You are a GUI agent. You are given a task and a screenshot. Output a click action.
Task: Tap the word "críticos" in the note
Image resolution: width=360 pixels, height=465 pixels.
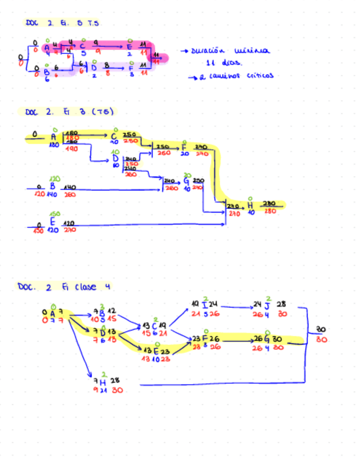pyautogui.click(x=258, y=76)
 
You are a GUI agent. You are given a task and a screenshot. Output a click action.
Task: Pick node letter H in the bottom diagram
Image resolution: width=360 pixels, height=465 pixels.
pyautogui.click(x=103, y=381)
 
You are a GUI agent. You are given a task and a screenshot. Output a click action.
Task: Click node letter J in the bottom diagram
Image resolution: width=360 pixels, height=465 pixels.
pyautogui.click(x=267, y=304)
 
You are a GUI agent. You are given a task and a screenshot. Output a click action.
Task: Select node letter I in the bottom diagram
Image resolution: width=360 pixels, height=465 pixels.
pyautogui.click(x=205, y=304)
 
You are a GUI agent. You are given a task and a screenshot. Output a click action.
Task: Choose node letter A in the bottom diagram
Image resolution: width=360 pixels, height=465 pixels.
pyautogui.click(x=53, y=313)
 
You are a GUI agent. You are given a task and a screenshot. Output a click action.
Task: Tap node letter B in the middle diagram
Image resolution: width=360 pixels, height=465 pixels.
pyautogui.click(x=52, y=186)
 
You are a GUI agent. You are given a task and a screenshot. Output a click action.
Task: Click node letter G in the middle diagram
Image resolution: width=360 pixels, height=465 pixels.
pyautogui.click(x=187, y=181)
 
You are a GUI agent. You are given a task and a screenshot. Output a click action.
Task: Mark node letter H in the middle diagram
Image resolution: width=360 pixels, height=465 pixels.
pyautogui.click(x=250, y=205)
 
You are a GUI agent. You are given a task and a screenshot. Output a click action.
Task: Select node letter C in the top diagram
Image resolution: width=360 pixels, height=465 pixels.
pyautogui.click(x=82, y=46)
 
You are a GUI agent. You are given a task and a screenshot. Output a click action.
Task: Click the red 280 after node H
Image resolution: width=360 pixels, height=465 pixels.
pyautogui.click(x=269, y=211)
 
